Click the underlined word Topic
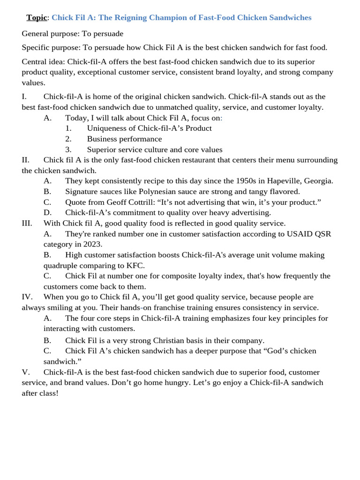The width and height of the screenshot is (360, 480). coord(37,18)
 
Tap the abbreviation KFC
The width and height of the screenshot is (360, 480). coord(135,265)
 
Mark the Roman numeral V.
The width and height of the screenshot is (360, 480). coord(25,372)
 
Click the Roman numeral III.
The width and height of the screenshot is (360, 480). coord(27,224)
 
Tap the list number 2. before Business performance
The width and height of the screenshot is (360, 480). coord(68,139)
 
